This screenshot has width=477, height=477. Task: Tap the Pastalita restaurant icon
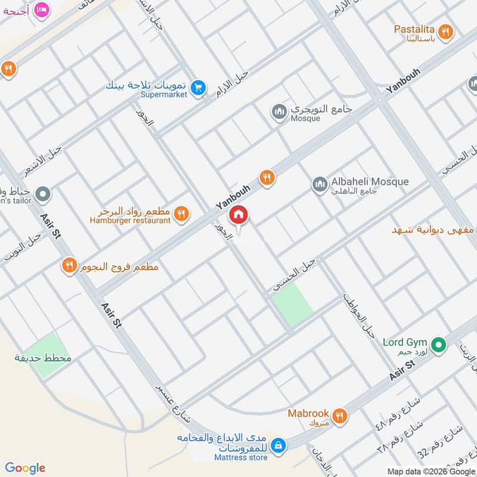pos(445,32)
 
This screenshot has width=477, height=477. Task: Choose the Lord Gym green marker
pos(439,344)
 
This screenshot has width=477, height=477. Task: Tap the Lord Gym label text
pos(405,342)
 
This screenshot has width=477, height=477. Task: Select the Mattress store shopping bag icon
pos(278,445)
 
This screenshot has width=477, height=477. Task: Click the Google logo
pos(25,468)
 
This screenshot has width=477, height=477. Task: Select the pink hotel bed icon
pos(41,10)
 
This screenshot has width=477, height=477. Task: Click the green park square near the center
pos(293,304)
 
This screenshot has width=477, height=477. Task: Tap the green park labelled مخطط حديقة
pos(47,355)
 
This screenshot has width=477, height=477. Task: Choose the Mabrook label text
pos(308,413)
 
